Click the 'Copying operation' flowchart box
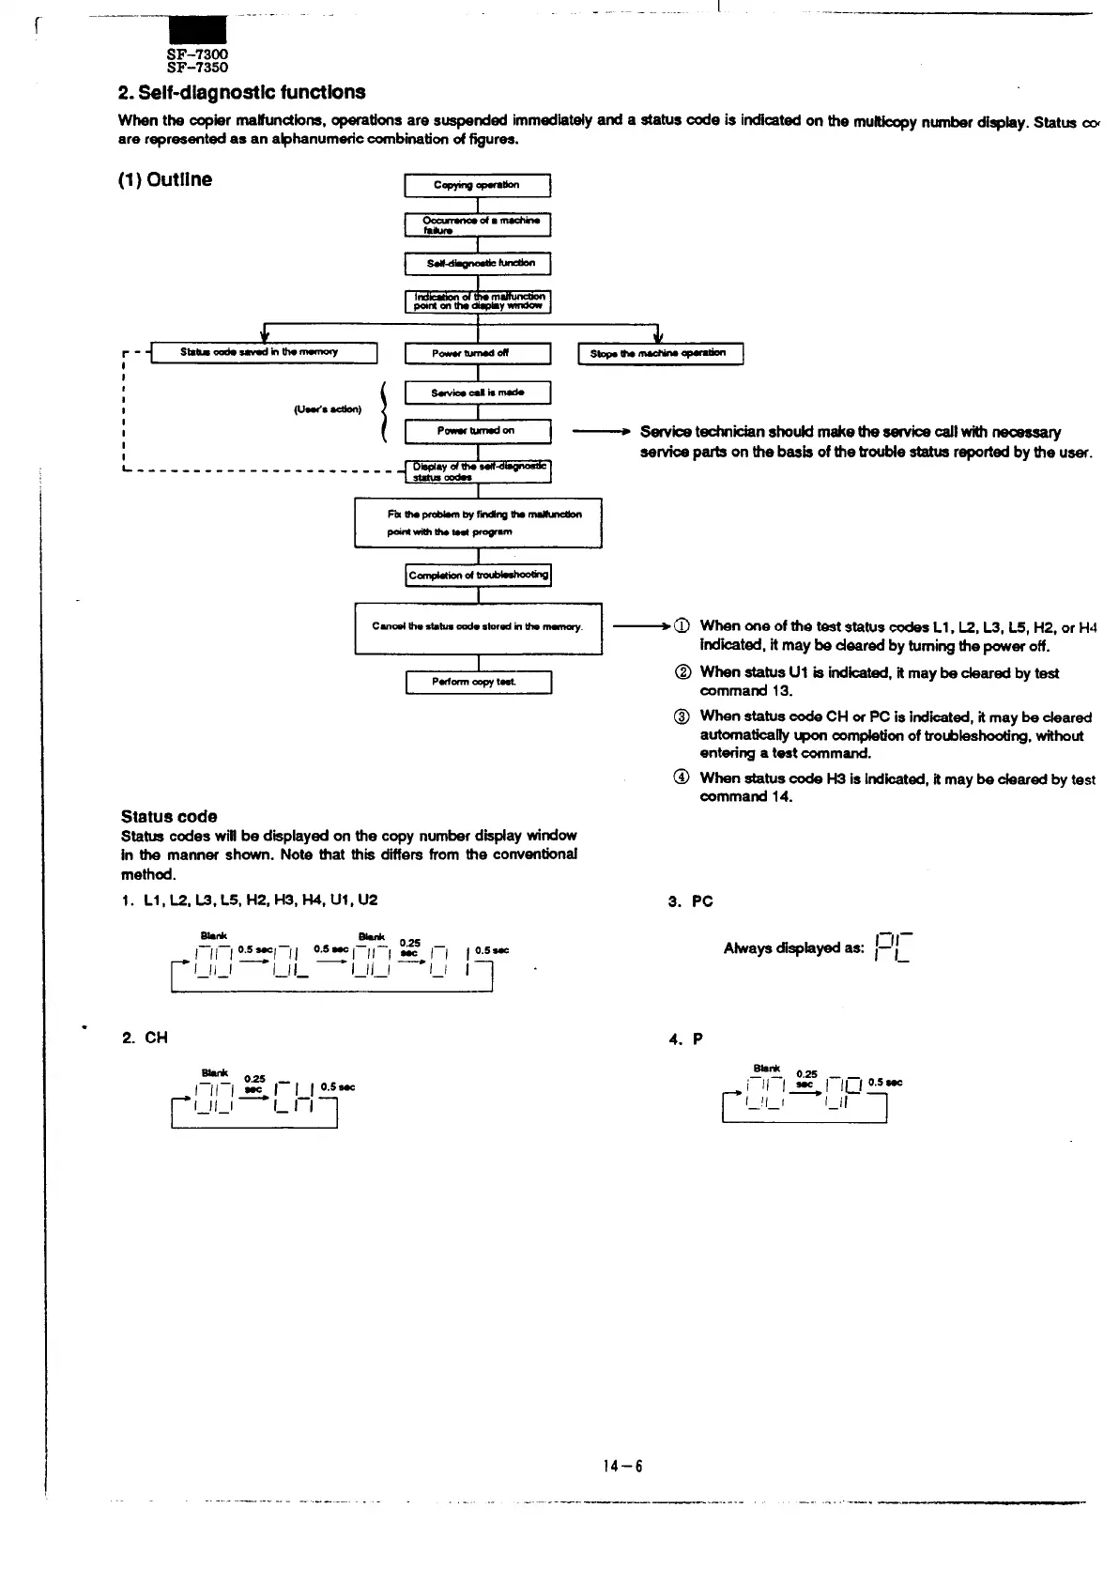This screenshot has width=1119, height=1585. [477, 186]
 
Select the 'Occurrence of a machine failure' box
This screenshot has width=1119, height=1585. [477, 225]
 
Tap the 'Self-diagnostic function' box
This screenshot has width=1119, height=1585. [477, 264]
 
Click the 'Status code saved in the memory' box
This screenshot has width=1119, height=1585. [264, 352]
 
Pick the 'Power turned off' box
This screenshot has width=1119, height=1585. [477, 353]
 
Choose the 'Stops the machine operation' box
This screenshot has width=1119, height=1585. [661, 353]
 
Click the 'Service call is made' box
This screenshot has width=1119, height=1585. [477, 392]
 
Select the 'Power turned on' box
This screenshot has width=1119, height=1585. [477, 431]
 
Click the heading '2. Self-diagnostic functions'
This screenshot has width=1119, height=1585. [241, 92]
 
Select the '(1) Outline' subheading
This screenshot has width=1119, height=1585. [165, 179]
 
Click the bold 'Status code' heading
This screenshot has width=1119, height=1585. [169, 816]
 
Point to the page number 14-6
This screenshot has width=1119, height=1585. [623, 1466]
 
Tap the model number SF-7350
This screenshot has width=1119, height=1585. [197, 68]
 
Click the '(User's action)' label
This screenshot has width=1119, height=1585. [328, 409]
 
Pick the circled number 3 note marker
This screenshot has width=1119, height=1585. [682, 717]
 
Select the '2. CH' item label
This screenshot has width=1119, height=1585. [146, 1038]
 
